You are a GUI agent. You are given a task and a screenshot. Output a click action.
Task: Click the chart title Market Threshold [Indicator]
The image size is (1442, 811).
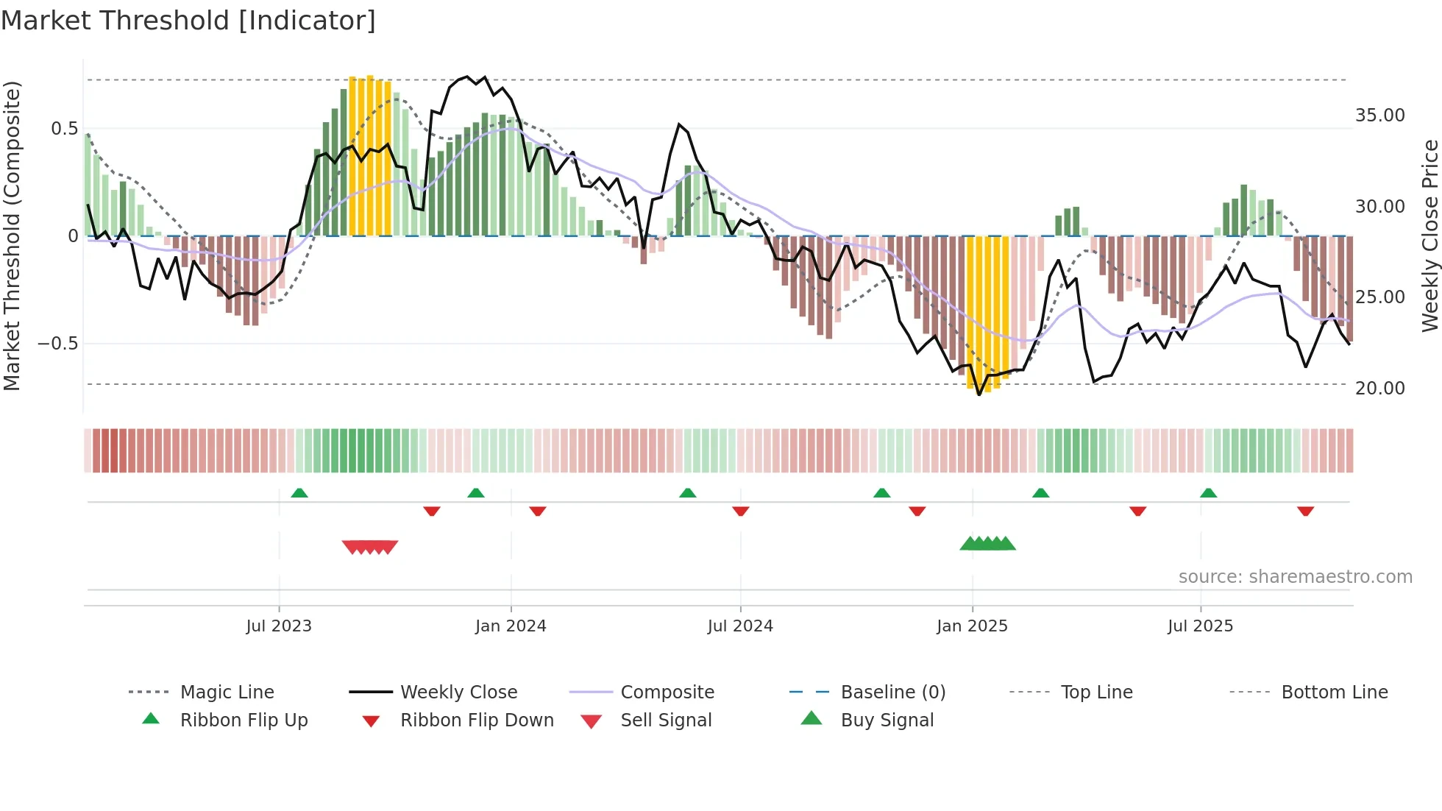tap(188, 21)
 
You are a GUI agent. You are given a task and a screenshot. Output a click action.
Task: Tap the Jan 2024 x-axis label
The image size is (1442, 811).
tap(511, 626)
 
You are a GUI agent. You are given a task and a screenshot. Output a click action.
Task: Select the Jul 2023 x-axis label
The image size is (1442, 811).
tap(279, 626)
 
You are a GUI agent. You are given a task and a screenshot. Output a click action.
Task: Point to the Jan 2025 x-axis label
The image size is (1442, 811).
tap(972, 626)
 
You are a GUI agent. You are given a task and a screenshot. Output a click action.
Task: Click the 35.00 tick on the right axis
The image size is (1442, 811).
tap(1379, 116)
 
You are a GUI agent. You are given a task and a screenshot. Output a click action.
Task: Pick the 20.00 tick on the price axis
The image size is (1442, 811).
tap(1379, 388)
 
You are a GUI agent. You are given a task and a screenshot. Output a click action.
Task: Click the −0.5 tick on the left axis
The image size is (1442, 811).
tap(58, 344)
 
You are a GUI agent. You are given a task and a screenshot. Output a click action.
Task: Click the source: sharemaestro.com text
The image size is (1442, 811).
tap(1295, 577)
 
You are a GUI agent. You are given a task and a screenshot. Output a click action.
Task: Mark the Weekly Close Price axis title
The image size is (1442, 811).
tap(1429, 235)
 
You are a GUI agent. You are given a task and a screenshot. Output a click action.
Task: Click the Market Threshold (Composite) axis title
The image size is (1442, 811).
tap(12, 235)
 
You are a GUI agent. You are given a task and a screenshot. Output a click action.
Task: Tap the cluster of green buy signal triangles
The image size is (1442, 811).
tap(987, 544)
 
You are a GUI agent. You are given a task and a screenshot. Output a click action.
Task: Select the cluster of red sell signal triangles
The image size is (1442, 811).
tap(370, 547)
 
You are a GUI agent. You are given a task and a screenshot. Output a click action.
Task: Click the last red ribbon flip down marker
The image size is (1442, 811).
tap(1305, 511)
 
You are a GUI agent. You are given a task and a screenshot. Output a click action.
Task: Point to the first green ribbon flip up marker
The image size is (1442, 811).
tap(299, 493)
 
